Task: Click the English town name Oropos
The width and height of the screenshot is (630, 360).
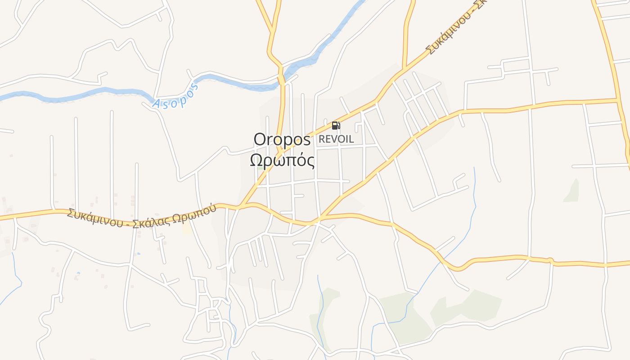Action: pyautogui.click(x=282, y=139)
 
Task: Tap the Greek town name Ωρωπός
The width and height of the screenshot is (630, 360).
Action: pyautogui.click(x=282, y=160)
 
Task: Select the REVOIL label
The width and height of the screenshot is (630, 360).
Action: pyautogui.click(x=336, y=139)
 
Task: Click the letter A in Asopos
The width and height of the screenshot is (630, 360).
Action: pyautogui.click(x=156, y=104)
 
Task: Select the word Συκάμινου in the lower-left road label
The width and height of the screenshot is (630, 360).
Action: pyautogui.click(x=94, y=218)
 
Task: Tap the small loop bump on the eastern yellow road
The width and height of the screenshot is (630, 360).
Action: pyautogui.click(x=549, y=260)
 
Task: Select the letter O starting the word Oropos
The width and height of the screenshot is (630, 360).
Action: pyautogui.click(x=260, y=139)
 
